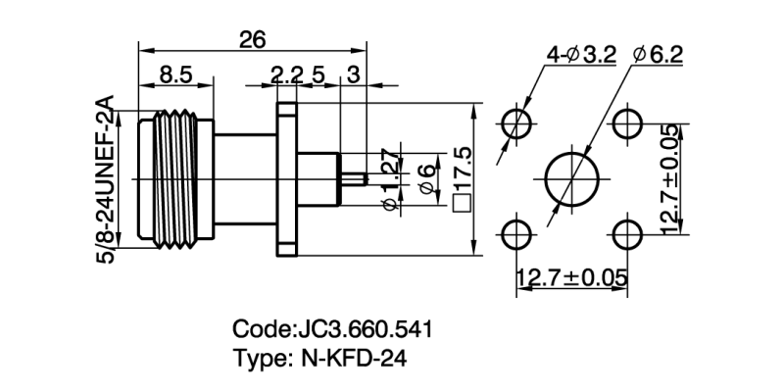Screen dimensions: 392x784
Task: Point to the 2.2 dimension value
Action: pos(286,73)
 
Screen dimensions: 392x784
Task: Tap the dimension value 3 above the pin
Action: pos(353,73)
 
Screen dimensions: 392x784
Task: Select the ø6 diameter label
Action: pos(425,178)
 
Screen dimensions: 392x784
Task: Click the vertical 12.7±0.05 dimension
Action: pos(669,178)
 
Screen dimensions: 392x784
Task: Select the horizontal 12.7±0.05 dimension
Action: pos(571,277)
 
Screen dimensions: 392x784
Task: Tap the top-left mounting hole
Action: pos(516,124)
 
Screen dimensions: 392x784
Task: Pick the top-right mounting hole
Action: pos(626,124)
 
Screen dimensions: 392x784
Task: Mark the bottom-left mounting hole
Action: pos(516,234)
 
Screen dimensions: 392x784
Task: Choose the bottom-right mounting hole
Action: pos(626,234)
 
